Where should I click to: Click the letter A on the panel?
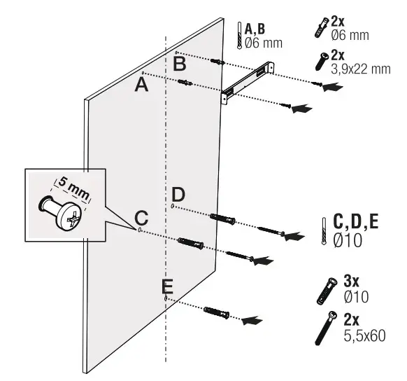(x=141, y=85)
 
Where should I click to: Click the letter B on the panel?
(x=180, y=64)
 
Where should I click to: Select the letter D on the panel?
(x=179, y=194)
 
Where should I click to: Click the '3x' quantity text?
(x=352, y=281)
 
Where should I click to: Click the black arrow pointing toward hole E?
(x=252, y=319)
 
